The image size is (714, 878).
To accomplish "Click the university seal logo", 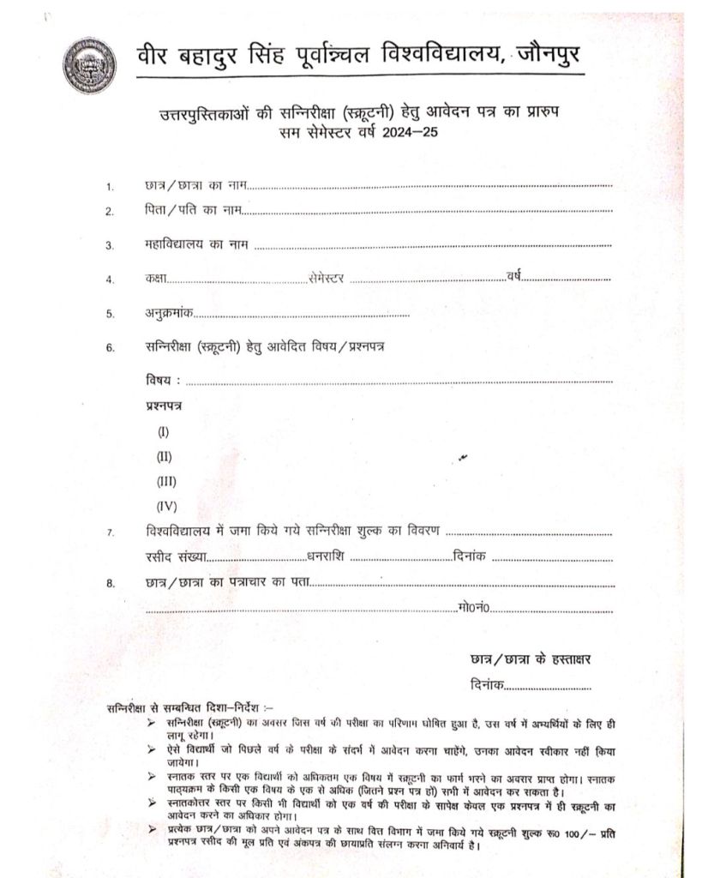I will point(87,64).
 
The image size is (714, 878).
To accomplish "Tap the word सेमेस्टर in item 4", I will point(325,278).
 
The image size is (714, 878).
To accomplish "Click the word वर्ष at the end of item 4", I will point(513,276).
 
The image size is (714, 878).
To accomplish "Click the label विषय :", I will point(164,380).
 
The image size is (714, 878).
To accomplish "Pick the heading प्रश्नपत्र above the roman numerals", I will point(164,405).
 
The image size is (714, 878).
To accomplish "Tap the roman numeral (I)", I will point(164,432).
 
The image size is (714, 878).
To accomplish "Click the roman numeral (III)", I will point(166,481).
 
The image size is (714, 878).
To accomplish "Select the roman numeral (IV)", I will point(166,506).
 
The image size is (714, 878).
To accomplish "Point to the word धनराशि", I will point(326,556).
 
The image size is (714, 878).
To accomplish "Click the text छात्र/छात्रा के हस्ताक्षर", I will point(531,659).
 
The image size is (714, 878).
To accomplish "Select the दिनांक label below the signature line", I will point(488,686).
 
